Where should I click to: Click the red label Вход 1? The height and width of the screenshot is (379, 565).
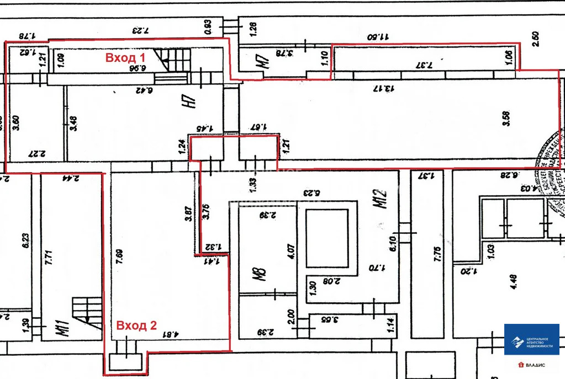[125, 57]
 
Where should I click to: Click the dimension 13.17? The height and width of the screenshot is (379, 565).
[382, 88]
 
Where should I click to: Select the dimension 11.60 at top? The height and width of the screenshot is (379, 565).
[379, 36]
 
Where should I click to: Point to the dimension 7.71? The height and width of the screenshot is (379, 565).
[49, 259]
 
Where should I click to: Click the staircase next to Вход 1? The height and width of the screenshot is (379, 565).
[173, 60]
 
